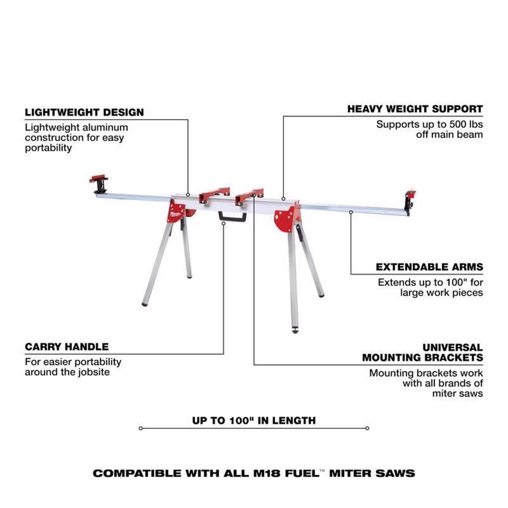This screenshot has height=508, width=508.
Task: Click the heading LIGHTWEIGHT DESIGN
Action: coord(84,112)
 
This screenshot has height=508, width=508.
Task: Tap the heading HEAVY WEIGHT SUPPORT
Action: coord(415,109)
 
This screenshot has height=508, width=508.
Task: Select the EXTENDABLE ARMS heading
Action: coord(429,267)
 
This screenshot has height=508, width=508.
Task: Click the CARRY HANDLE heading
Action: coord(67,347)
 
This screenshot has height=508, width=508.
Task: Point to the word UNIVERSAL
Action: coord(452,347)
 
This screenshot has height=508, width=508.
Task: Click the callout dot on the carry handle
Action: coord(224,224)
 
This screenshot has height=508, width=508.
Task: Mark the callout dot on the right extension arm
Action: coord(351,212)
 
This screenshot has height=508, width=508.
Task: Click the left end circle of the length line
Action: coord(141,428)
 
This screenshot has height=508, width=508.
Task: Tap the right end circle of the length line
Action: coord(367,428)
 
